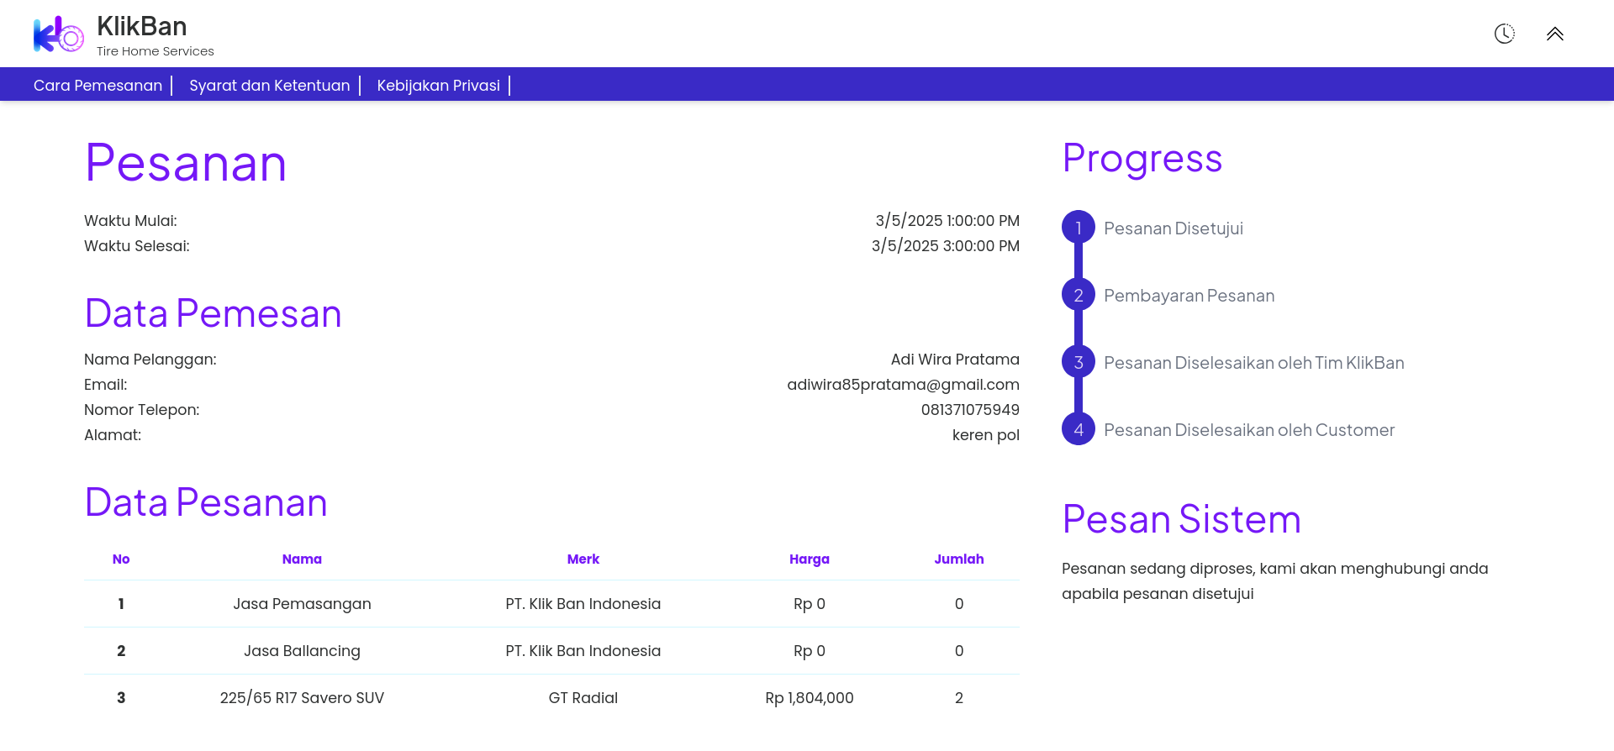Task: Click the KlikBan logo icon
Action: (58, 34)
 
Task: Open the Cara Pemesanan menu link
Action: (98, 86)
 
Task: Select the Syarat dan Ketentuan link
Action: (269, 86)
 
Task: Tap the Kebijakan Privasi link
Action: (438, 86)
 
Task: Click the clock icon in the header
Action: (1504, 34)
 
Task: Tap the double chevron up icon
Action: (1554, 34)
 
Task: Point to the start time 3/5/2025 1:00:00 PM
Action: (947, 221)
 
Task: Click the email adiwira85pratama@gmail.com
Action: (903, 385)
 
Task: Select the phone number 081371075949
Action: (970, 410)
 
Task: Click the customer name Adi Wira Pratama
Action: (955, 360)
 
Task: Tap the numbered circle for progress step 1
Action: (1079, 228)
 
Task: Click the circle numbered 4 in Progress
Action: (1079, 429)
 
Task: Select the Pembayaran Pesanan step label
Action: (1189, 296)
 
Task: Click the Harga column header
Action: (810, 559)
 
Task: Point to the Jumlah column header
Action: (959, 559)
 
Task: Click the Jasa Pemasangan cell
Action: (302, 604)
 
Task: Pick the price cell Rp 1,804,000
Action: (810, 698)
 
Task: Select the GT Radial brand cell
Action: (583, 698)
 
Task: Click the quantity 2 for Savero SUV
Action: (959, 698)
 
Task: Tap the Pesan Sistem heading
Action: (1181, 519)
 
